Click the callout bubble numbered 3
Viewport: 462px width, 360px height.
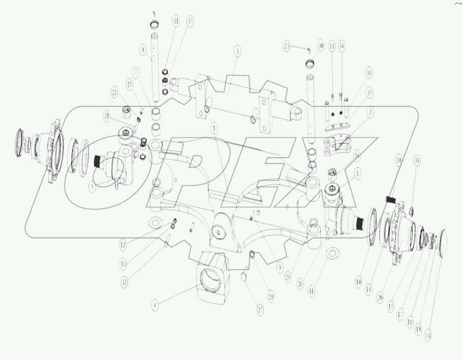point(237,51)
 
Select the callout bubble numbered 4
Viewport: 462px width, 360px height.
point(155,306)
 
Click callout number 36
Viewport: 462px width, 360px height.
point(368,73)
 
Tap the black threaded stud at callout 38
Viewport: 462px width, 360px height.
point(391,197)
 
